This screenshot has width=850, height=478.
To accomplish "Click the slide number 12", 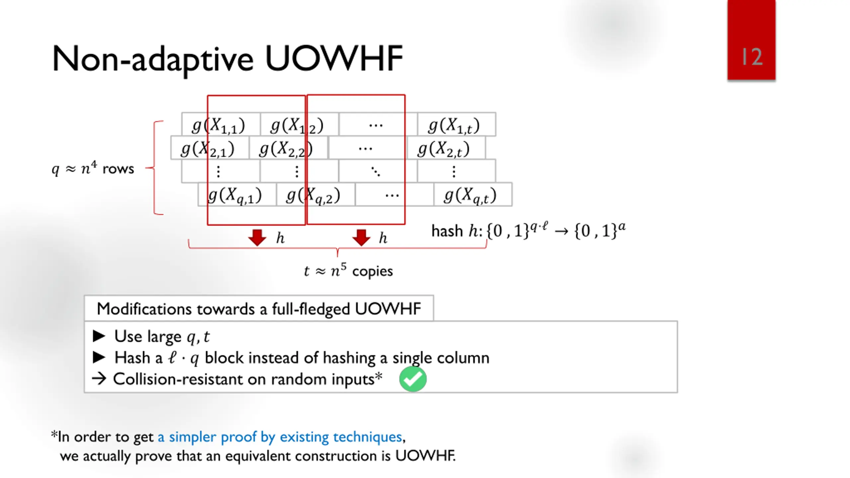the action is [752, 57].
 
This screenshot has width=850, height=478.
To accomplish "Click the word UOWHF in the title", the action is [334, 59].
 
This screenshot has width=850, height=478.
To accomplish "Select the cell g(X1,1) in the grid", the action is [218, 125].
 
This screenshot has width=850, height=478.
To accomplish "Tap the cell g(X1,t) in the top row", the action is [454, 125].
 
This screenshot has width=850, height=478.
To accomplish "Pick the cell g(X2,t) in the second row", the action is [444, 149].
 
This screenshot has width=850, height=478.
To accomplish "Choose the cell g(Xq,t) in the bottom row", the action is [470, 195].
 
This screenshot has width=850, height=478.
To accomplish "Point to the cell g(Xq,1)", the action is [235, 195].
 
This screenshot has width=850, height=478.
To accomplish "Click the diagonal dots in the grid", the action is [376, 172].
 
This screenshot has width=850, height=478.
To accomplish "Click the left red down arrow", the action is [257, 237].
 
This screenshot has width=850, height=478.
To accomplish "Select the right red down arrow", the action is [361, 237].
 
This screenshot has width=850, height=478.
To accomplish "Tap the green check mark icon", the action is [413, 379].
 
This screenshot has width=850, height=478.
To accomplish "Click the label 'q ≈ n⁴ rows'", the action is [93, 168].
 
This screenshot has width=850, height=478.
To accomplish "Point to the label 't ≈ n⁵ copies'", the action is [348, 271].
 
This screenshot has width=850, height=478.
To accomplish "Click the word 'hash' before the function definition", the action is [447, 231].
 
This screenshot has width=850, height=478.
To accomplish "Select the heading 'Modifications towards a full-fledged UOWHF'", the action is [259, 309].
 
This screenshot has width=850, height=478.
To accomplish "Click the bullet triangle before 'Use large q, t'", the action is [99, 336].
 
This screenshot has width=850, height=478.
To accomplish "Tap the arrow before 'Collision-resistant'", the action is [99, 378].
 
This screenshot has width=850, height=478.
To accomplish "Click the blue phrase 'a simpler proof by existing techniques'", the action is [280, 437].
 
